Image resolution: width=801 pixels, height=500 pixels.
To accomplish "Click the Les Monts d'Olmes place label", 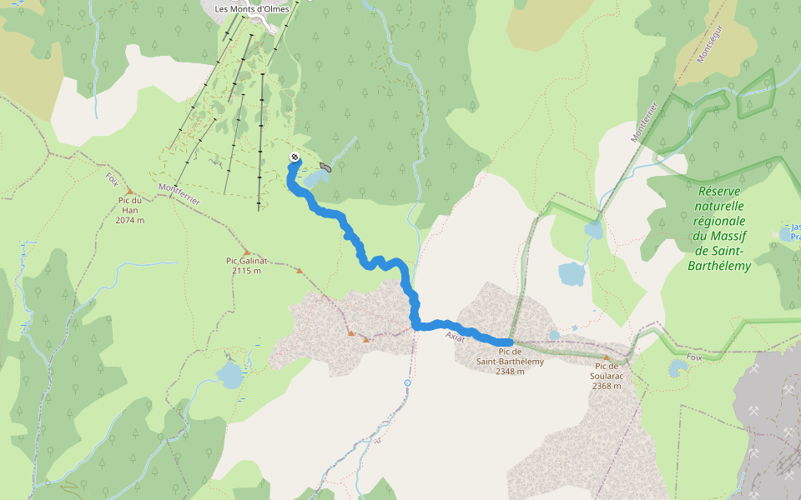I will point(251,9).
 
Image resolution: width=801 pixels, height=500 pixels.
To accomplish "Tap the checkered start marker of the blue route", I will point(295,157).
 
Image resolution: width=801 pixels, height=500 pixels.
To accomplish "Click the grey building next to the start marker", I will point(325,167).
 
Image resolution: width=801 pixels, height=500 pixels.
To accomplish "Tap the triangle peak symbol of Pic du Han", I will point(130,191).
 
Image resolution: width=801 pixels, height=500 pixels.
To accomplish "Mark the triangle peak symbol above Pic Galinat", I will point(246,252).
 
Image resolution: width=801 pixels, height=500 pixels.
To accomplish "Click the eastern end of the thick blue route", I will point(509,342).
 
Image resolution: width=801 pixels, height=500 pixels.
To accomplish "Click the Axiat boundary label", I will point(455,336).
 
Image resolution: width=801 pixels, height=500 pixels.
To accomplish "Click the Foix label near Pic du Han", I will point(112,179).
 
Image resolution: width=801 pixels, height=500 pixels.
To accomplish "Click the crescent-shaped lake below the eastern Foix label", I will point(676,367).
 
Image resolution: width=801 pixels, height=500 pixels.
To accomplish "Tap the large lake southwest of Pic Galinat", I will point(229,375).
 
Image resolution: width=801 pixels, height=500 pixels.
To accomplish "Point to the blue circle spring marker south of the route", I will point(407,382).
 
